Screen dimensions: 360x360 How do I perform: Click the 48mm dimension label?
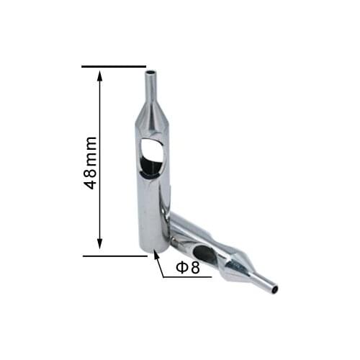pos(91,163)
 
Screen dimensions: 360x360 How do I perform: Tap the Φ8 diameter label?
pos(188,268)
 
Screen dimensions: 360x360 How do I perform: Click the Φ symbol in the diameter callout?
pos(181,268)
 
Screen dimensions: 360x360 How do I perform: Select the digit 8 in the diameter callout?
pos(194,268)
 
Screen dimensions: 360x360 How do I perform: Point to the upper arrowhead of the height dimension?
pos(100,74)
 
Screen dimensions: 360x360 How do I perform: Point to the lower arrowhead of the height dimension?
pos(100,244)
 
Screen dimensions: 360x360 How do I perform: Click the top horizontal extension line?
pos(114,66)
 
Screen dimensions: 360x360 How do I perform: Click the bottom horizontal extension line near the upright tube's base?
pos(115,256)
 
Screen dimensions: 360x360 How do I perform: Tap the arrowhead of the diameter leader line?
pos(156,255)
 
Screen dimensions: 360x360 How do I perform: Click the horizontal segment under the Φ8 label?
pos(187,277)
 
